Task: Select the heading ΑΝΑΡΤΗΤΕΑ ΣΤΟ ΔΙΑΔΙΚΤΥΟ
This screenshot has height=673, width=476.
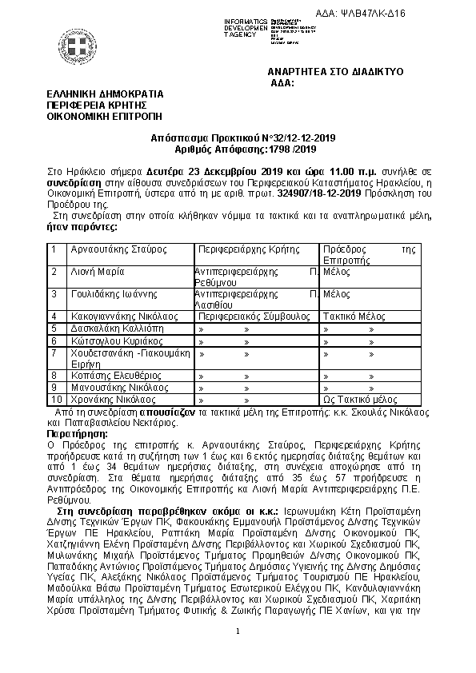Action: [335, 72]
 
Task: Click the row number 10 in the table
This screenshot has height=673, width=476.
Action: [56, 398]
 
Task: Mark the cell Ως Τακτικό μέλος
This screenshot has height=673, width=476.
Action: [359, 398]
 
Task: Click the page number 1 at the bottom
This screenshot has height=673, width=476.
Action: [238, 632]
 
